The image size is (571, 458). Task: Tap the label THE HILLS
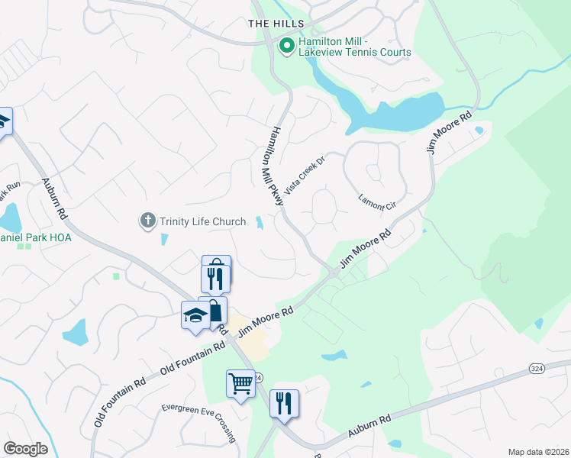276,24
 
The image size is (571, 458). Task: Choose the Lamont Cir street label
377,203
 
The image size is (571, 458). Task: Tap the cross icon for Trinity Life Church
147,221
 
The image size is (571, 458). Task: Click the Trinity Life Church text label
203,222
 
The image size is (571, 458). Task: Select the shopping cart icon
240,382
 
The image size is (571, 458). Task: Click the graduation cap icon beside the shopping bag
195,314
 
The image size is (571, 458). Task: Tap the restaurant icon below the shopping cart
284,402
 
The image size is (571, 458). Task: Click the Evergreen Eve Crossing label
198,421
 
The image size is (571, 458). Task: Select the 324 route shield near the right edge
537,369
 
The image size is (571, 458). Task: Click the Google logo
25,449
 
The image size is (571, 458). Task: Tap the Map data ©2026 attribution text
538,452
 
